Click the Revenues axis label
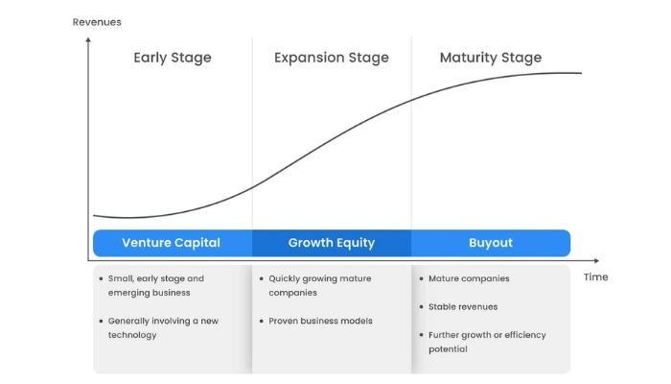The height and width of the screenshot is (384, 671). click(x=97, y=22)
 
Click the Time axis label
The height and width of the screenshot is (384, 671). click(x=595, y=276)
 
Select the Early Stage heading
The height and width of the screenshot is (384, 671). click(x=173, y=58)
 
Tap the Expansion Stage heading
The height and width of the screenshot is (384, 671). click(x=332, y=58)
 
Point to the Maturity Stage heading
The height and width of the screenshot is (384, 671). click(x=491, y=58)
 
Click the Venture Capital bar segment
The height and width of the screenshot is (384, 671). click(x=173, y=243)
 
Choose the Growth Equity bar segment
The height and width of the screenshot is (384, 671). click(x=332, y=243)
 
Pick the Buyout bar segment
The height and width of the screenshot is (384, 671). click(x=491, y=243)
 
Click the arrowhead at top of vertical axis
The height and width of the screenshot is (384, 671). click(x=88, y=41)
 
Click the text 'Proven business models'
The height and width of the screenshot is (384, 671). click(x=320, y=321)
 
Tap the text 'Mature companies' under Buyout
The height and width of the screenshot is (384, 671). click(x=469, y=278)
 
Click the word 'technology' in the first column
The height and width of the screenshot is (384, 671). click(x=132, y=335)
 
